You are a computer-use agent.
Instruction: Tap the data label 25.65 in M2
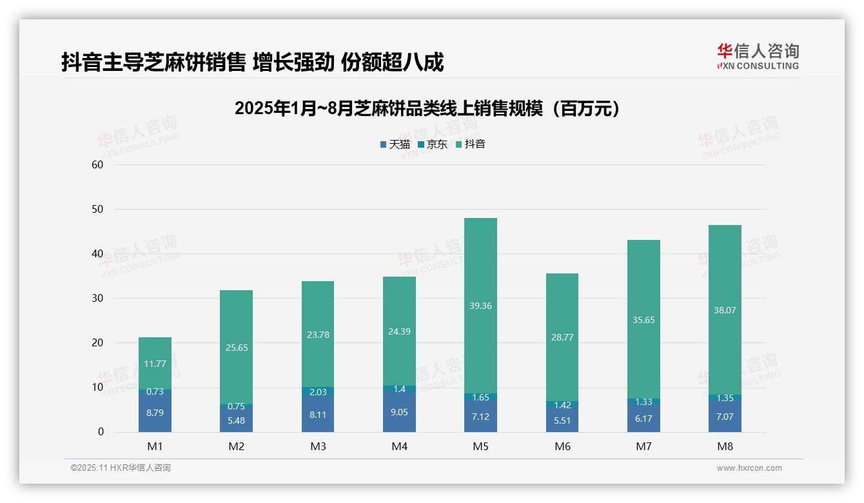237,348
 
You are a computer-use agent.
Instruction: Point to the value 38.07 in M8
725,310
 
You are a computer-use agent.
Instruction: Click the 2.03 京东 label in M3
318,392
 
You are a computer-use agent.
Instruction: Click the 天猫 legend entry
395,144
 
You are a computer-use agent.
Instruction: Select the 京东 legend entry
432,144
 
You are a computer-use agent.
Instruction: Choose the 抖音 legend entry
470,144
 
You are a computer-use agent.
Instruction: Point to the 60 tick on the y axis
97,165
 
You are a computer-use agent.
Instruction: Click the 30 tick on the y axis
97,299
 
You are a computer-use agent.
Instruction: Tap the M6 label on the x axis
562,446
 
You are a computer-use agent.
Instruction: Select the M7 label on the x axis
643,446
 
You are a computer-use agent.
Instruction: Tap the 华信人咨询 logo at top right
758,57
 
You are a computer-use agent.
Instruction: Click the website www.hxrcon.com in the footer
749,468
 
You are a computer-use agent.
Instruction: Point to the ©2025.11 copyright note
121,468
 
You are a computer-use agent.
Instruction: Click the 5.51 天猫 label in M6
562,420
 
